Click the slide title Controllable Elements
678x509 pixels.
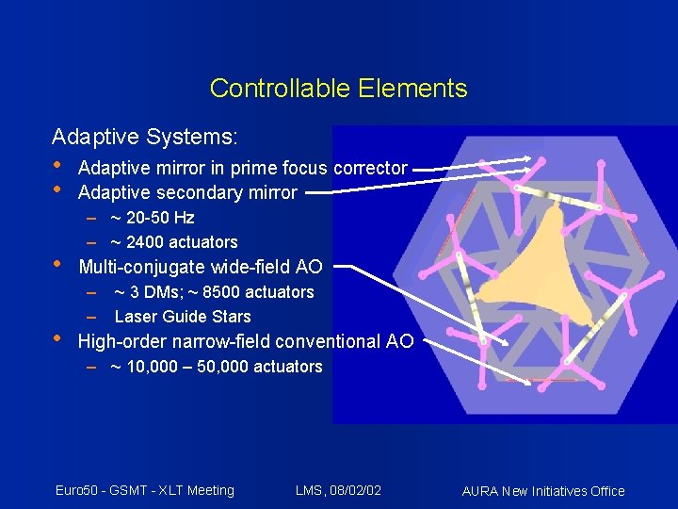pos(338,89)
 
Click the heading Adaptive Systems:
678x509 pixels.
pos(145,138)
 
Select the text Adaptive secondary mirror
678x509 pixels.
pos(187,193)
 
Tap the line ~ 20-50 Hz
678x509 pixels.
pos(152,218)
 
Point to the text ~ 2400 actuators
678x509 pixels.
pos(173,242)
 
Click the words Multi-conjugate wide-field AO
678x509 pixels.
pos(200,267)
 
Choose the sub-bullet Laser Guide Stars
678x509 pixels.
pos(183,317)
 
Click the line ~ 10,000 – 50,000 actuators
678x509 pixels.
pos(216,367)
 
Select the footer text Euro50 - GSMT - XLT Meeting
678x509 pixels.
pos(144,489)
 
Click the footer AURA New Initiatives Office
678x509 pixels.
pos(543,490)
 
